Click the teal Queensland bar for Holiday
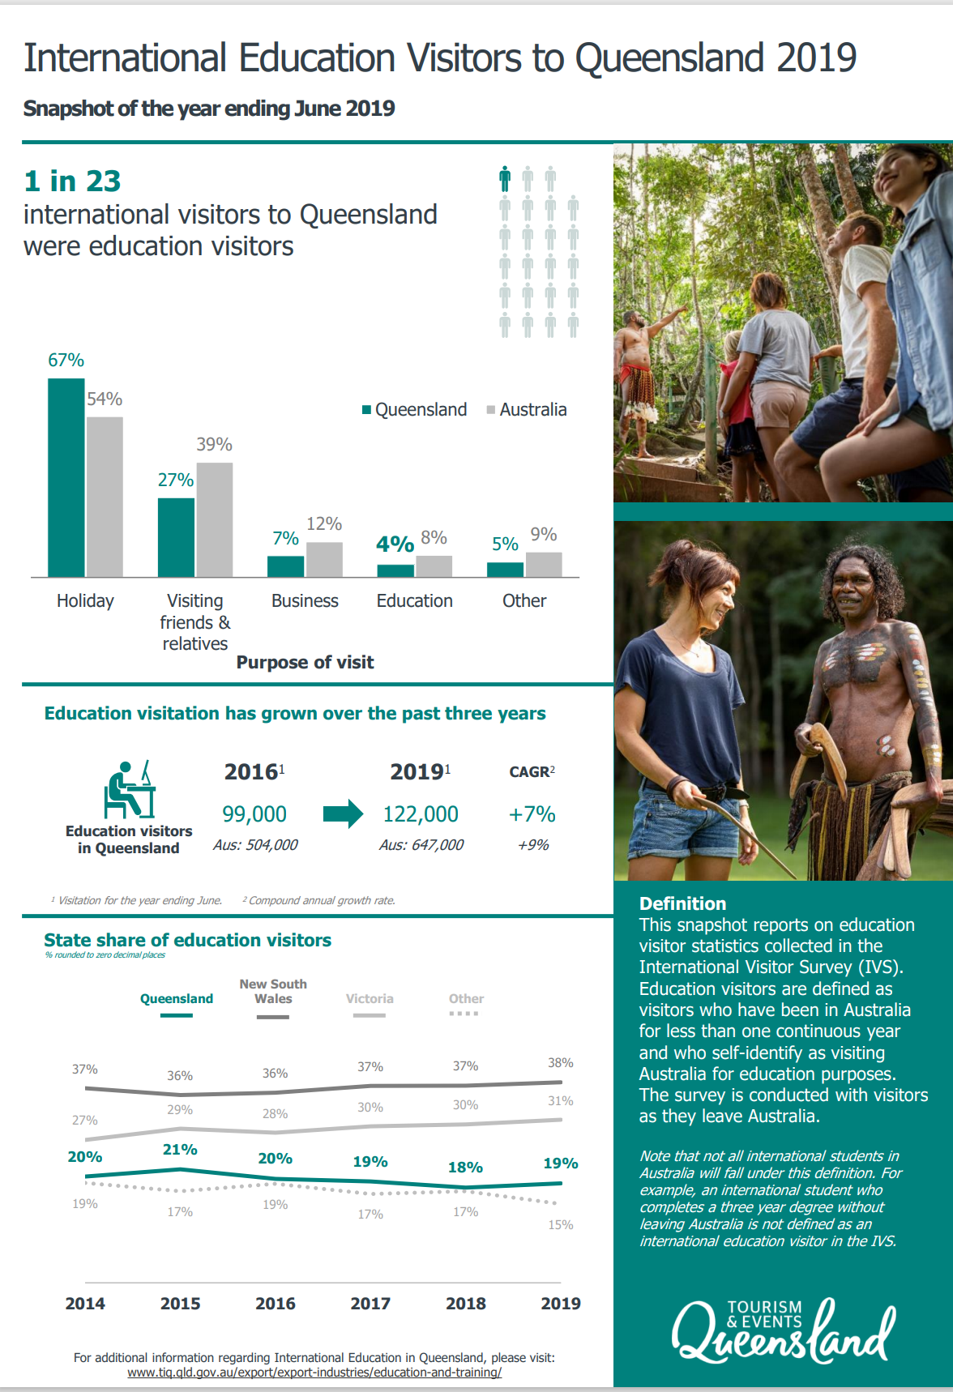pyautogui.click(x=66, y=477)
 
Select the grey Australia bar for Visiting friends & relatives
pyautogui.click(x=214, y=519)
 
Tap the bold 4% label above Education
pyautogui.click(x=395, y=544)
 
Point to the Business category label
pyautogui.click(x=305, y=601)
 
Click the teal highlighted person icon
pyautogui.click(x=505, y=178)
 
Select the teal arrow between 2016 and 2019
pyautogui.click(x=344, y=813)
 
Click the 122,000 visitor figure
pyautogui.click(x=421, y=814)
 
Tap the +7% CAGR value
pyautogui.click(x=532, y=814)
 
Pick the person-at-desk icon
pyautogui.click(x=129, y=790)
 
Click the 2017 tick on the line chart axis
pyautogui.click(x=370, y=1304)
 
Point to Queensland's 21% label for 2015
pyautogui.click(x=180, y=1150)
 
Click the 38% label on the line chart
pyautogui.click(x=560, y=1063)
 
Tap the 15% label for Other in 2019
pyautogui.click(x=560, y=1225)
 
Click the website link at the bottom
pyautogui.click(x=314, y=1373)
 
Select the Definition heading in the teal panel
pyautogui.click(x=682, y=904)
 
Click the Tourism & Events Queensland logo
pyautogui.click(x=783, y=1330)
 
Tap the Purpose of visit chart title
pyautogui.click(x=305, y=663)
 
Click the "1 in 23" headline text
pyautogui.click(x=73, y=181)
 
